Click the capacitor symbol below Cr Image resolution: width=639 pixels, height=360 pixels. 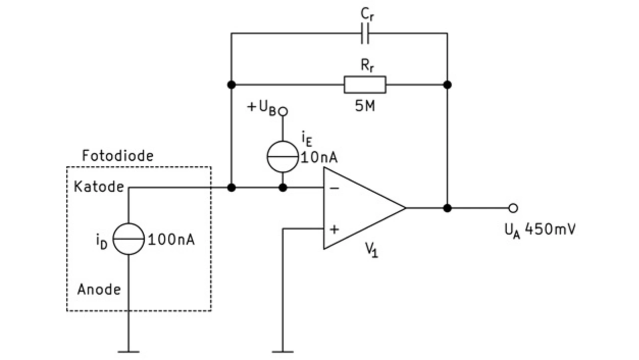pos(365,33)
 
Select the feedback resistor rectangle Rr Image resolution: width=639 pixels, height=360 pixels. pos(365,85)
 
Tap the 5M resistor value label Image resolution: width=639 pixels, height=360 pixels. pos(365,106)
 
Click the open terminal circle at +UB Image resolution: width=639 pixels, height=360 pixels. pos(283,111)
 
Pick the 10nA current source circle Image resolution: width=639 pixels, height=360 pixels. pos(283,157)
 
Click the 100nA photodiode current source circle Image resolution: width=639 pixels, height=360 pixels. pos(128,239)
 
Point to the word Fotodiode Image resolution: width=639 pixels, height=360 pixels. pos(118,156)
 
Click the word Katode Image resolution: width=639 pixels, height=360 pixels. pos(99,187)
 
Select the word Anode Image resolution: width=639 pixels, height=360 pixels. pos(99,290)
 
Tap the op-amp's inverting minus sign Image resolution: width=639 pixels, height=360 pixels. pos(334,188)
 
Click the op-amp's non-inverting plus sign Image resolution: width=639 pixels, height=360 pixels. pos(334,229)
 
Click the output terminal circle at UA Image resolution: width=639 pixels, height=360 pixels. pos(513,208)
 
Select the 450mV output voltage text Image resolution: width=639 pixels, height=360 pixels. pos(550,229)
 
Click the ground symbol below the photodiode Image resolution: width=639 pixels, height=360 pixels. pos(128,352)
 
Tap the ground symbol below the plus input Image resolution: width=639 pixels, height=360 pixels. pos(283,352)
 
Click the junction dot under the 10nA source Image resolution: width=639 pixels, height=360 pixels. pos(283,188)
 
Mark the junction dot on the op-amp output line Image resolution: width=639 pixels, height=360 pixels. pos(447,208)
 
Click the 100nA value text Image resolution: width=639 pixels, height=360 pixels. pos(171,239)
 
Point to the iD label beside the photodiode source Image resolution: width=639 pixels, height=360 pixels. pos(102,241)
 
